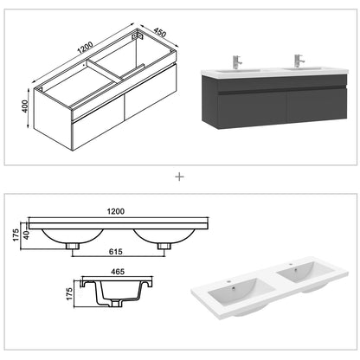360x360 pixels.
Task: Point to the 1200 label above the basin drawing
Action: (115, 209)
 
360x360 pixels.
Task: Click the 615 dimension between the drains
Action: (117, 251)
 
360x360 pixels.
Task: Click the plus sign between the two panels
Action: (180, 177)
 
